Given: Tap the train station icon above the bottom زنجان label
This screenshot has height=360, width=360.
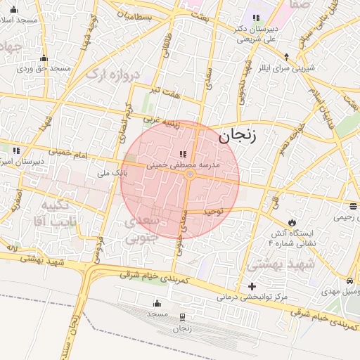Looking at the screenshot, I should pyautogui.click(x=182, y=317).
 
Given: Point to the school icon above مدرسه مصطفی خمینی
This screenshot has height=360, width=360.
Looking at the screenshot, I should pyautogui.click(x=183, y=154).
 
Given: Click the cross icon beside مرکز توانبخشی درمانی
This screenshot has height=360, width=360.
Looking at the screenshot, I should pyautogui.click(x=252, y=286).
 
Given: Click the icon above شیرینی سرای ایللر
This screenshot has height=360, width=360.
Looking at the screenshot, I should pyautogui.click(x=287, y=56).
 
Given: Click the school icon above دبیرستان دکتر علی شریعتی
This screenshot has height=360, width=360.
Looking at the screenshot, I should pyautogui.click(x=255, y=18).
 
